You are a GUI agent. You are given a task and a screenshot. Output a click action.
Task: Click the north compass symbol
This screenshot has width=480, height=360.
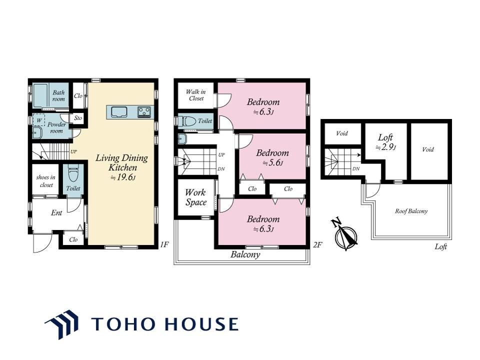(346, 235)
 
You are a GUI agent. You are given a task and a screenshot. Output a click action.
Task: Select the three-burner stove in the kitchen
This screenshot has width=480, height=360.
(144, 111)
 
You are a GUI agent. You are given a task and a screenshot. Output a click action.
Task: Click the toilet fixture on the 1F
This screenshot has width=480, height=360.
(73, 174)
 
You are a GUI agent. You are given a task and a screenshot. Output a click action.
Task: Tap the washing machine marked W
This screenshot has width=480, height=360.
(39, 120)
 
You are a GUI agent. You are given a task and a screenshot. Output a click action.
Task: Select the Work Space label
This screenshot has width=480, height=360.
(196, 197)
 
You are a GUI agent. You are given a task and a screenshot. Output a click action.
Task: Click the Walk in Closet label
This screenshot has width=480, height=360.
(196, 95)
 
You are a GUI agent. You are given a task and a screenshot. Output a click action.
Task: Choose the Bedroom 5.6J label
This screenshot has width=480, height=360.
(272, 157)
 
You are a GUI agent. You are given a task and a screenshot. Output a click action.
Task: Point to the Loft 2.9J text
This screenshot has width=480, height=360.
(385, 142)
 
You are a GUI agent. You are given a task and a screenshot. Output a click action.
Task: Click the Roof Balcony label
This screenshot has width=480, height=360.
(411, 211)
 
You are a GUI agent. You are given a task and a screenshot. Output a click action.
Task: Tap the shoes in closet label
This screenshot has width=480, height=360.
(46, 181)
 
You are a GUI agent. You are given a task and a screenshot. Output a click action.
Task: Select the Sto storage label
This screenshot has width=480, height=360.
(78, 118)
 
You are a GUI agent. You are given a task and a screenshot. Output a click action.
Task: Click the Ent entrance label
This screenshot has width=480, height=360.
(56, 213)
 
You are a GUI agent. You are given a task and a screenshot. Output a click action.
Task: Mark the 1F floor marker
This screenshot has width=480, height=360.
(164, 244)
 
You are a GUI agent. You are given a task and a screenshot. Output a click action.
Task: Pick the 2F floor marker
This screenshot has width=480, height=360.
(318, 244)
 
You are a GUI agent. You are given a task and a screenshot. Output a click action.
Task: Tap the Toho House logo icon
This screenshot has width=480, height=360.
(61, 324)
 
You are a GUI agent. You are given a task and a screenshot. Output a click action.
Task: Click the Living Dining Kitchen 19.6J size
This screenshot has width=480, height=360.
(123, 177)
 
